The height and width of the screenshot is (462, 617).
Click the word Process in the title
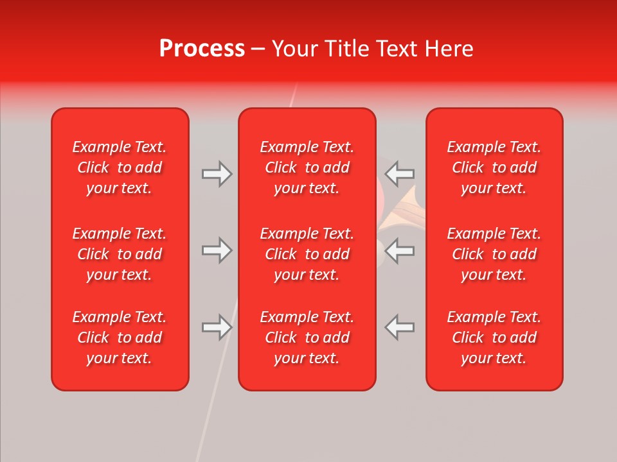click(202, 49)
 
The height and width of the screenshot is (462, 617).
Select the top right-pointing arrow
click(217, 174)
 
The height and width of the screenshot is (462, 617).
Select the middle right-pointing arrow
click(217, 250)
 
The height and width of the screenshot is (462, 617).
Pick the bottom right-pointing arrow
click(217, 327)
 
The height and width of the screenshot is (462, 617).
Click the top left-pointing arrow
click(399, 174)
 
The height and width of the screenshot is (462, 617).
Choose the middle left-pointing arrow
click(399, 250)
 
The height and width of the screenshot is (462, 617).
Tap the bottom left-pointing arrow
click(399, 327)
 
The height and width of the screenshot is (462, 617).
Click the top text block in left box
click(120, 167)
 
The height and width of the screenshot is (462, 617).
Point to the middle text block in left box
click(120, 254)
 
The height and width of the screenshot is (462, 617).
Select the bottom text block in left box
click(120, 338)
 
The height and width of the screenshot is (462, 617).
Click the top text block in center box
click(307, 167)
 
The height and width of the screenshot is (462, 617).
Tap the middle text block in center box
click(307, 254)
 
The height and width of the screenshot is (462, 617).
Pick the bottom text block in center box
click(307, 338)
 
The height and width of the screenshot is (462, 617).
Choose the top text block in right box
click(494, 167)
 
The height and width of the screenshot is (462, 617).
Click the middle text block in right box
click(494, 254)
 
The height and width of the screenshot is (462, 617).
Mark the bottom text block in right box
click(494, 338)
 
